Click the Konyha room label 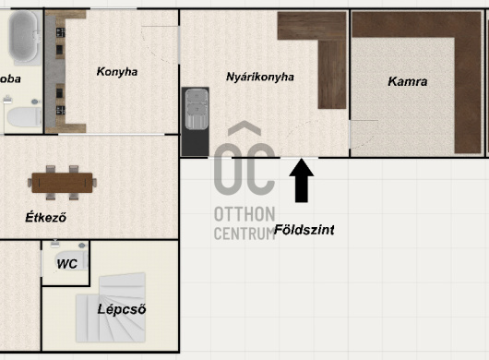click(x=117, y=71)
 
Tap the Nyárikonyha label click(x=260, y=77)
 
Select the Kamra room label click(x=408, y=81)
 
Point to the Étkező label click(x=46, y=217)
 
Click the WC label click(x=66, y=264)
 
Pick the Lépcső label click(x=122, y=309)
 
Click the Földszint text click(x=304, y=230)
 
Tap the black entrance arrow click(x=302, y=180)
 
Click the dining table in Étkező click(x=62, y=183)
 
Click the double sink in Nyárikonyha click(x=197, y=109)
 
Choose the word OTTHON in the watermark click(x=244, y=214)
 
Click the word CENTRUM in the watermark click(x=244, y=234)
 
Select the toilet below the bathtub click(x=24, y=117)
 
